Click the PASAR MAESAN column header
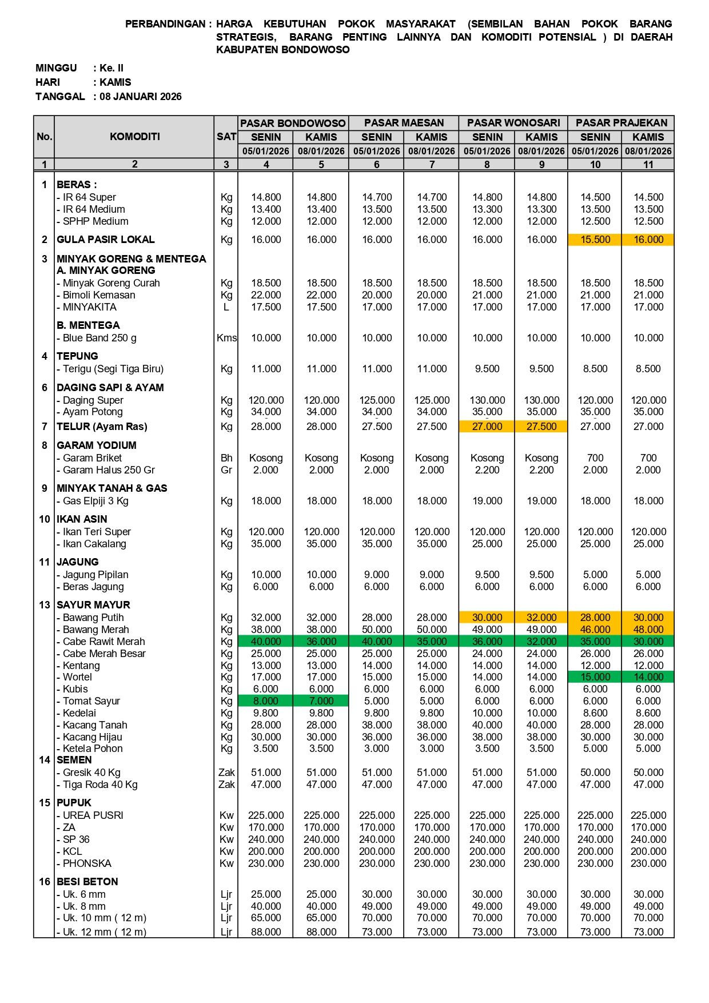[404, 123]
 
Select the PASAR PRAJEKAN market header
[622, 123]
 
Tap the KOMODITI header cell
[135, 137]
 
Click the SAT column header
[226, 137]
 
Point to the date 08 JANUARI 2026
[141, 97]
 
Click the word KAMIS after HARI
[115, 82]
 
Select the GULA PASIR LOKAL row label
[106, 240]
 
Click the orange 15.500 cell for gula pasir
[595, 240]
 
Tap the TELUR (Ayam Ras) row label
[102, 427]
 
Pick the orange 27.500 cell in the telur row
[541, 427]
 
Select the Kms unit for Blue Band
[226, 338]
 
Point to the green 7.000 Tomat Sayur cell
[321, 701]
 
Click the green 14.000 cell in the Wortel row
[648, 677]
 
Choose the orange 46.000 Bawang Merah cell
[595, 630]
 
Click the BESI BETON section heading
[87, 882]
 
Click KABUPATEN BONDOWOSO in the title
[283, 50]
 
